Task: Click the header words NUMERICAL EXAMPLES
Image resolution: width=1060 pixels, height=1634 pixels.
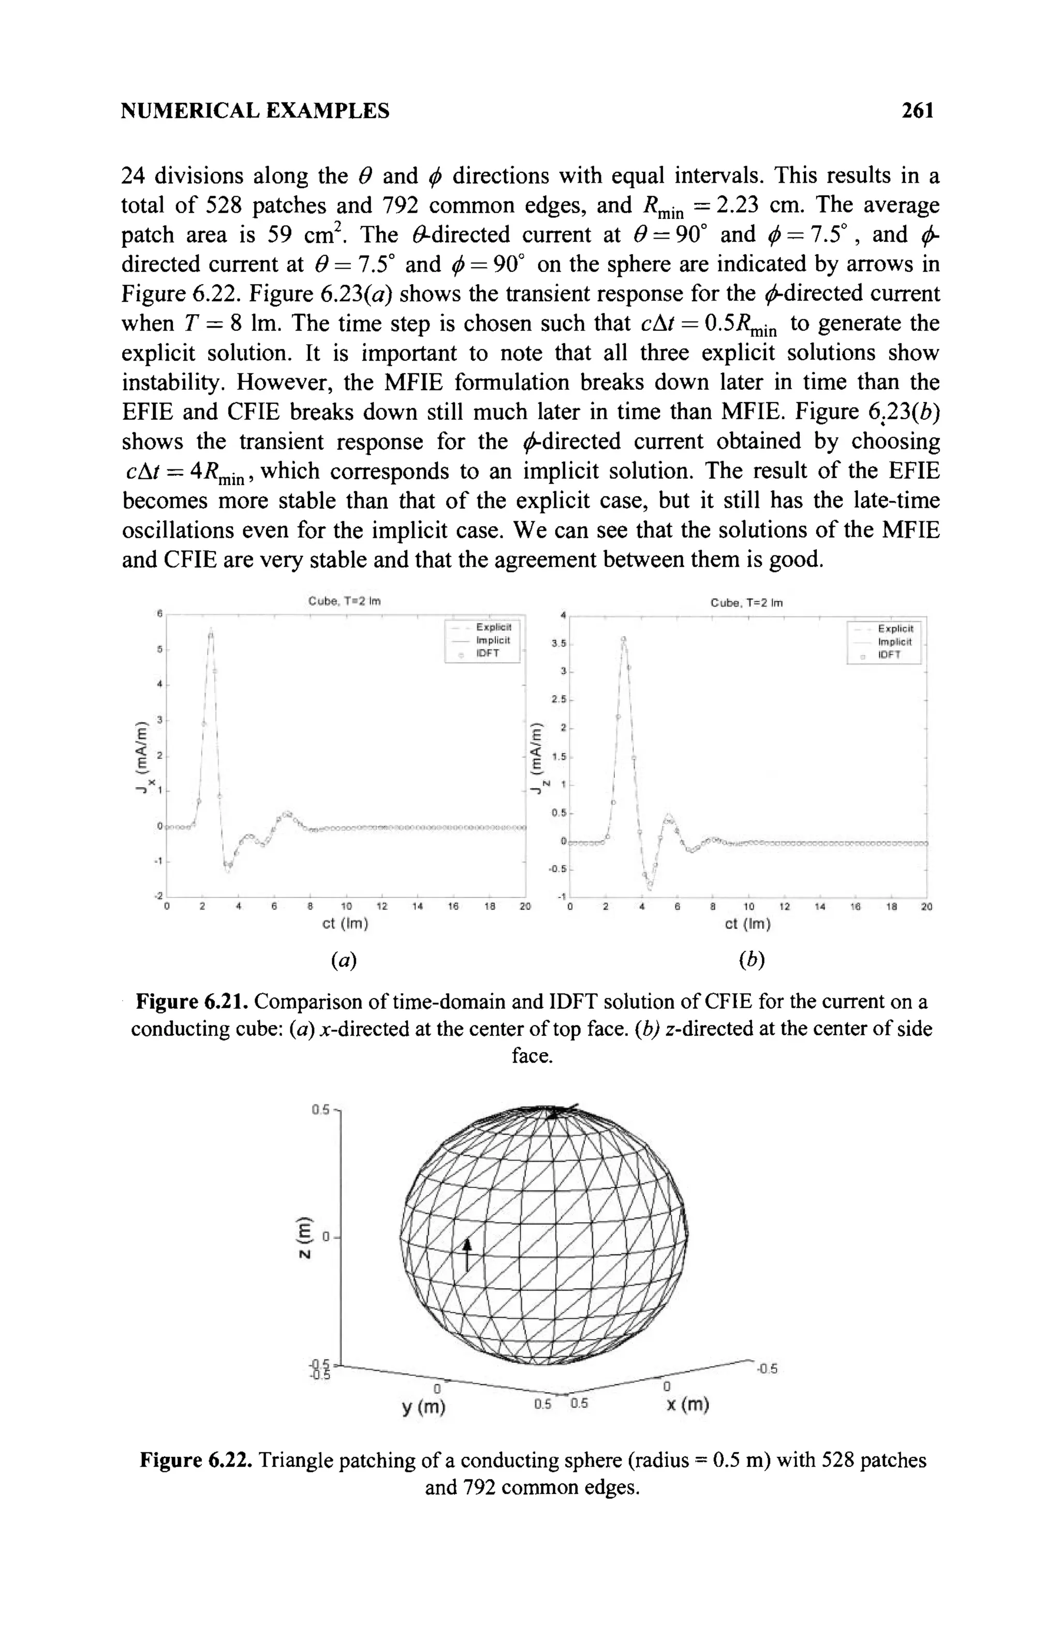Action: pos(255,111)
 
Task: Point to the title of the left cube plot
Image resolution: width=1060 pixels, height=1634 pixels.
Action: pos(344,601)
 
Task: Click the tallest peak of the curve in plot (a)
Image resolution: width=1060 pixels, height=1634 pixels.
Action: pos(211,630)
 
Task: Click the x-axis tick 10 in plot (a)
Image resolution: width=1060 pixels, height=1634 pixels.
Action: pos(346,906)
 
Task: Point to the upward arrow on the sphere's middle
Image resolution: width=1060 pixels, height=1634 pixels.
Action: pos(467,1254)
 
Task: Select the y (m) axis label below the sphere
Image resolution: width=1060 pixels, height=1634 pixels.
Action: pos(423,1407)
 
